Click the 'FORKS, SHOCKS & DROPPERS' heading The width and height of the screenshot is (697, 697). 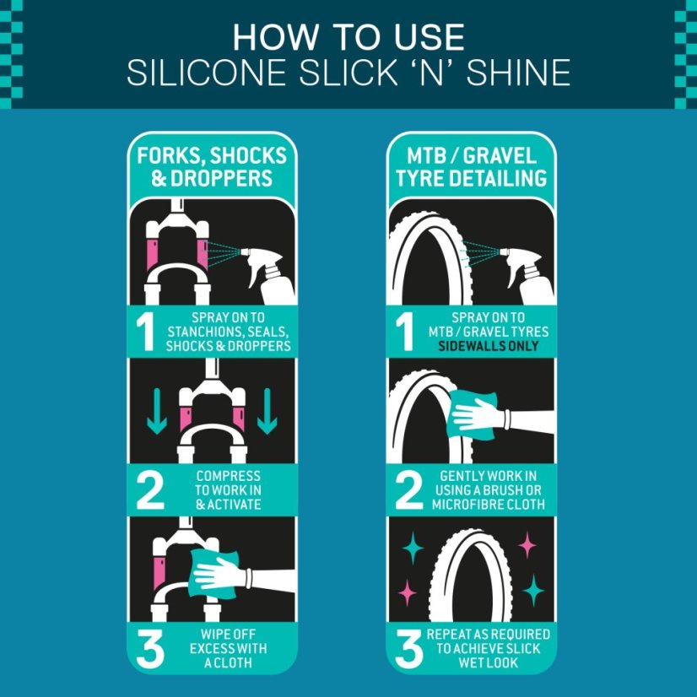click(212, 167)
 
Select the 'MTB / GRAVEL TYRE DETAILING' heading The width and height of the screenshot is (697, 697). click(471, 167)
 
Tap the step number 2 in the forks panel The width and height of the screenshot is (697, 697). click(150, 490)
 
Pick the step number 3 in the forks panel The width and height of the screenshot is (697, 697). click(150, 648)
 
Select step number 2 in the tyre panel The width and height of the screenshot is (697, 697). click(408, 490)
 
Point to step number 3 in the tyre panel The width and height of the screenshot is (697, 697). click(408, 648)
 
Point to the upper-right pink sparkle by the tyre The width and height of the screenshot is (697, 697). click(527, 545)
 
